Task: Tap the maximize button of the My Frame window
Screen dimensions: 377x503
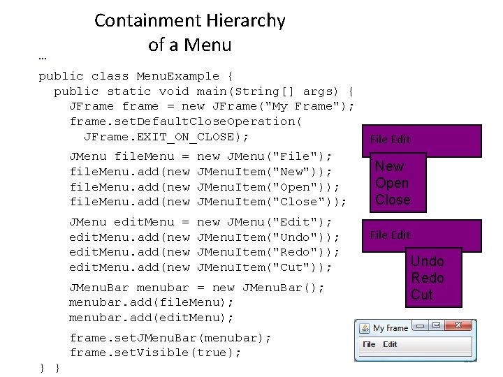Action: pyautogui.click(x=436, y=325)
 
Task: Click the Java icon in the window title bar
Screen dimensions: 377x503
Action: pyautogui.click(x=365, y=327)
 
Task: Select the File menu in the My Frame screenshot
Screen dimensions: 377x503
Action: pyautogui.click(x=369, y=344)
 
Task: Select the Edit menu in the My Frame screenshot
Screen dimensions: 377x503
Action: pyautogui.click(x=390, y=344)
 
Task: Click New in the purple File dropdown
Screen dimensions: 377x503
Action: pyautogui.click(x=389, y=166)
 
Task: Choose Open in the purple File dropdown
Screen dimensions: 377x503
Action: pyautogui.click(x=392, y=183)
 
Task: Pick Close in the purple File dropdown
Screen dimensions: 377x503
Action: pyautogui.click(x=393, y=200)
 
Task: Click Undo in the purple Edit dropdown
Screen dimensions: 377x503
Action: pyautogui.click(x=427, y=261)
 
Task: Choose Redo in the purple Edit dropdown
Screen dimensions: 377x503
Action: pyautogui.click(x=427, y=278)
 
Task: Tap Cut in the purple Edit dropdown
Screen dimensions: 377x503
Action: pyautogui.click(x=422, y=295)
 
